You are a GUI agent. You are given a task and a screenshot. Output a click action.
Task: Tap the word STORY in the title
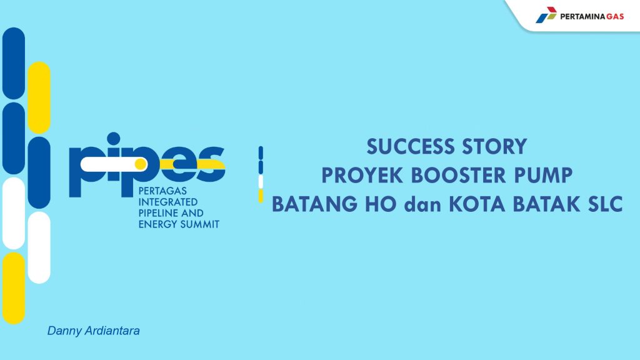click(x=494, y=146)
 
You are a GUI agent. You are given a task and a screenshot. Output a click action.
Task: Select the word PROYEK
click(x=362, y=176)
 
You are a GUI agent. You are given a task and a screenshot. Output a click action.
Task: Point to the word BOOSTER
click(x=458, y=176)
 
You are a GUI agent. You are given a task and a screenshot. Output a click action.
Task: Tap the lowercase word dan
click(x=422, y=204)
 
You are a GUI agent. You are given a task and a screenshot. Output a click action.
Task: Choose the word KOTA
click(x=477, y=204)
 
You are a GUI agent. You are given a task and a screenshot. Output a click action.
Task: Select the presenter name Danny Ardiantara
click(x=94, y=331)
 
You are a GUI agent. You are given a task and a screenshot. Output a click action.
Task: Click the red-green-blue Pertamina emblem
click(x=546, y=15)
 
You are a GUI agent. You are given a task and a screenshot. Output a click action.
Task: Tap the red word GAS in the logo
click(x=615, y=17)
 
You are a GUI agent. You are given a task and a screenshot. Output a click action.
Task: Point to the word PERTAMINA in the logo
click(x=582, y=17)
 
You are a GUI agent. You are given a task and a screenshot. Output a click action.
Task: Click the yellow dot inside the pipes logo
click(x=141, y=164)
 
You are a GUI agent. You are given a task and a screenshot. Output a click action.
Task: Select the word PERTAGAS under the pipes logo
click(x=162, y=191)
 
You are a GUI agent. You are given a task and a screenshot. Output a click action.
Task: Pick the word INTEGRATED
click(x=167, y=202)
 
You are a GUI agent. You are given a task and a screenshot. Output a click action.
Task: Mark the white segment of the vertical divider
click(x=261, y=182)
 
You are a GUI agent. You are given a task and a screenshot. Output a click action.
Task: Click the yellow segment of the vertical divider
click(x=261, y=196)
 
